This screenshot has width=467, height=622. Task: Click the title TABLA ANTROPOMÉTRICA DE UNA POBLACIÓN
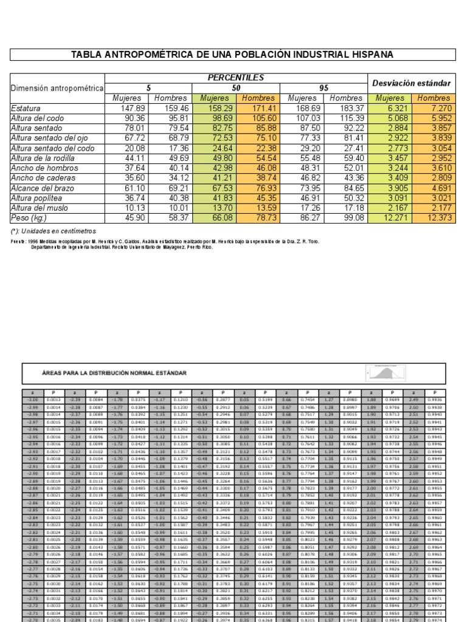click(x=232, y=55)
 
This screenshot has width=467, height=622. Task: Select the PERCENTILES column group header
click(x=236, y=78)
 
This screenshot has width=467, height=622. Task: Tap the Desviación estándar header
click(x=411, y=83)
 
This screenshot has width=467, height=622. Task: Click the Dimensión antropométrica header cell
click(x=57, y=88)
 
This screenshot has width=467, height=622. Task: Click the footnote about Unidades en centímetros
click(x=54, y=231)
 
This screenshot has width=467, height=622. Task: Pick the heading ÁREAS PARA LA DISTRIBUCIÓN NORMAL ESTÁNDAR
click(x=106, y=372)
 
